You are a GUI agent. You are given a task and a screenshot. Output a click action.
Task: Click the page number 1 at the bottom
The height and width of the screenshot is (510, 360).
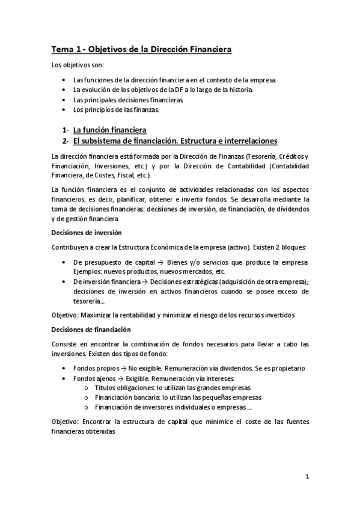pyautogui.click(x=307, y=478)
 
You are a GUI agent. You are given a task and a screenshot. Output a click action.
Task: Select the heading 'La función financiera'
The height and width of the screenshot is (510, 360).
pyautogui.click(x=110, y=129)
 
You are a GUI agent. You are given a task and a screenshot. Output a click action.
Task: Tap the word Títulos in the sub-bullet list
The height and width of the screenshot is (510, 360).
pyautogui.click(x=105, y=388)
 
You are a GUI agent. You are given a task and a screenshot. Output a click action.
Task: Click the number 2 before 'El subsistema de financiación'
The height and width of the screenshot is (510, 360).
pyautogui.click(x=64, y=141)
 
